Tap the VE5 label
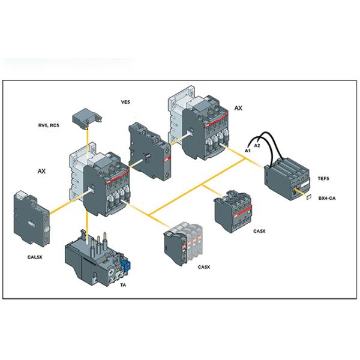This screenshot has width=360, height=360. click(x=126, y=103)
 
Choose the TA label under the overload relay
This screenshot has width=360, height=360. click(x=123, y=286)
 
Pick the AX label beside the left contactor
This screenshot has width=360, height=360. click(x=41, y=171)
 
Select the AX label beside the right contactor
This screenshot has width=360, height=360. click(x=238, y=108)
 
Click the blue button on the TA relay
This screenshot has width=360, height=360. click(x=125, y=263)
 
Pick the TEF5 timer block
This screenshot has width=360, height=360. click(x=287, y=174)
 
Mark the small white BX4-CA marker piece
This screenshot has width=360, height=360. click(x=307, y=196)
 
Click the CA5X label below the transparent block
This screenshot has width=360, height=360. click(x=204, y=267)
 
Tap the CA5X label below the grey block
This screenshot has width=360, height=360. click(x=259, y=231)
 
